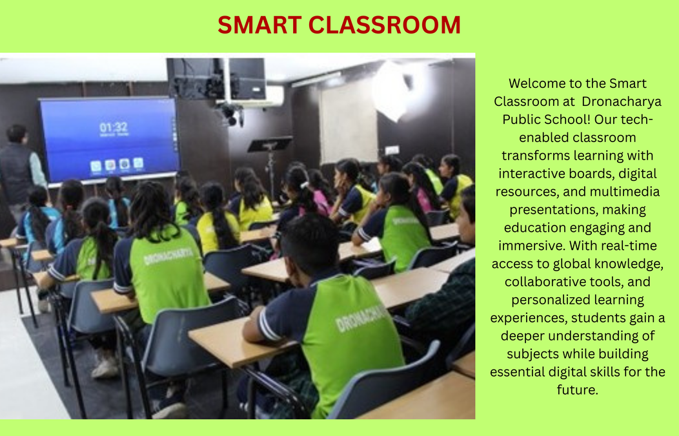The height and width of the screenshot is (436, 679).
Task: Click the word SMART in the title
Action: (x=259, y=25)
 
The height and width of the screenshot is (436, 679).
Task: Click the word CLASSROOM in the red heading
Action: (x=385, y=25)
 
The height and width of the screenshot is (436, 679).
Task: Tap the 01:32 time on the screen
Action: (x=114, y=127)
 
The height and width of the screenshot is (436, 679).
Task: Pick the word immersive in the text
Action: (x=532, y=245)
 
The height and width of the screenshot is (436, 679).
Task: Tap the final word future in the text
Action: (x=577, y=390)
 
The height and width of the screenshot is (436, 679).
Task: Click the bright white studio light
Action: (x=390, y=91)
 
